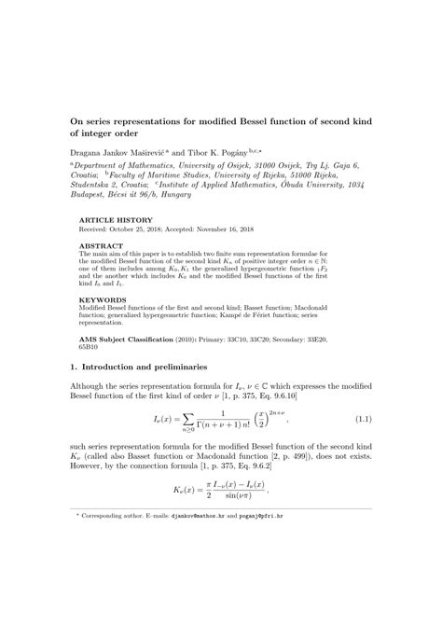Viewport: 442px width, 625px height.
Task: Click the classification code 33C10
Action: [x=242, y=340]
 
